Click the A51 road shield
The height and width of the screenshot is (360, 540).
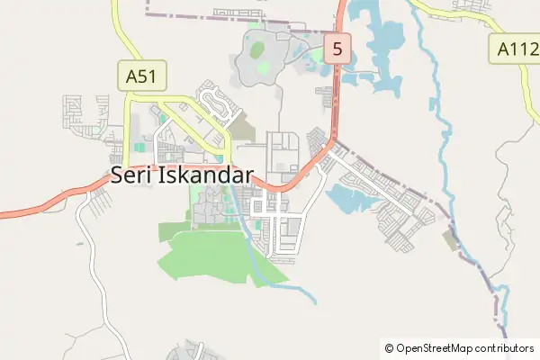(x=141, y=76)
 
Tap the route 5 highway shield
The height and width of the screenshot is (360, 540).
(x=337, y=49)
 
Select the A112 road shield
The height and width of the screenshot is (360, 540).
(x=514, y=49)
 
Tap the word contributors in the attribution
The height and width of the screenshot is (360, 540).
(x=507, y=347)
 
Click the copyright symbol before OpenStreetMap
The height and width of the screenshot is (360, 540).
(x=389, y=347)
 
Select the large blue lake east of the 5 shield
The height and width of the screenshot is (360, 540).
(x=382, y=40)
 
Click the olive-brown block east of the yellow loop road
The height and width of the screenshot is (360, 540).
(x=243, y=132)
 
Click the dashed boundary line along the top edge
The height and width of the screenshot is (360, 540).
(x=225, y=15)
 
